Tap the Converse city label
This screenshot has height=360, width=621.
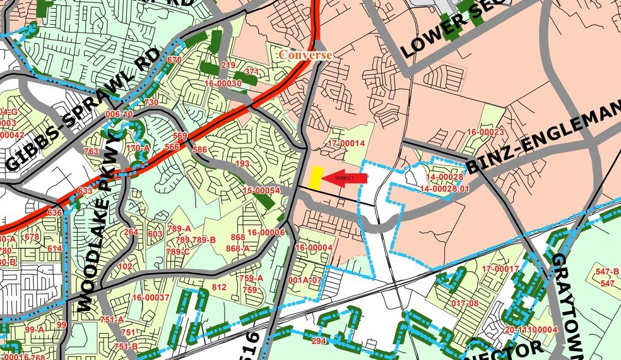[x=305, y=55]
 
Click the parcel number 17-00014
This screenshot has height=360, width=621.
[x=346, y=143]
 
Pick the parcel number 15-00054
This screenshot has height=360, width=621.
[x=261, y=190]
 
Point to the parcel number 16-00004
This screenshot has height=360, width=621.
[x=313, y=248]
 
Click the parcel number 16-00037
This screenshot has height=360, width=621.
[x=151, y=297]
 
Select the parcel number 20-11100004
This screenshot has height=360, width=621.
[x=531, y=330]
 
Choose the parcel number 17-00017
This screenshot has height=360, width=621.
[x=500, y=269]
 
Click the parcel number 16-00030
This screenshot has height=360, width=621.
[x=223, y=83]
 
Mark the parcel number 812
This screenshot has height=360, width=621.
[x=218, y=287]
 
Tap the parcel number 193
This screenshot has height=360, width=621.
[x=242, y=164]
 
